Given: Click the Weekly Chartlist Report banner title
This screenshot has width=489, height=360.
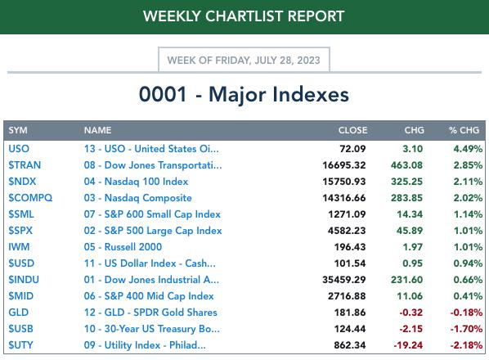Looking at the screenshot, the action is (244, 16).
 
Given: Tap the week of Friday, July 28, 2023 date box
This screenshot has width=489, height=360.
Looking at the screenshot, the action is (244, 60).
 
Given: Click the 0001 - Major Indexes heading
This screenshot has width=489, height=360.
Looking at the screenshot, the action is (244, 94).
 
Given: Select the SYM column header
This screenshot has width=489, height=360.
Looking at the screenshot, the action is (18, 130).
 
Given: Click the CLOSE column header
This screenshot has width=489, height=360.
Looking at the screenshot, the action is (352, 130).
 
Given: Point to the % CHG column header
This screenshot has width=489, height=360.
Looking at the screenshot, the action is (464, 130).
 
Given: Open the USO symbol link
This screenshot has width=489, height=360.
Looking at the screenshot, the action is (19, 148).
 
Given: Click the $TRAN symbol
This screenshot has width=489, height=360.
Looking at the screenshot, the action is (25, 164).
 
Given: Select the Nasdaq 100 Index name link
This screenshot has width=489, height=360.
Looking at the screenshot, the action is (136, 182).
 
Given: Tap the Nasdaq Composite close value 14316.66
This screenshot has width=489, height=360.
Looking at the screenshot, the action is (343, 198).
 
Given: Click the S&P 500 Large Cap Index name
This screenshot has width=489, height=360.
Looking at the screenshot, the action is (153, 231).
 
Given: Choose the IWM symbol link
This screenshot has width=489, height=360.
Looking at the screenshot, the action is (19, 247).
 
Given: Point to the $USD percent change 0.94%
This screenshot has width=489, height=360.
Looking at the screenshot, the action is (468, 263).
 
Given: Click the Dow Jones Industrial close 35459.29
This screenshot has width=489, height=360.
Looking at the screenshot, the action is (343, 280).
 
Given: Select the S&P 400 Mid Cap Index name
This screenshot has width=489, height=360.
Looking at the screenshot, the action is (149, 295).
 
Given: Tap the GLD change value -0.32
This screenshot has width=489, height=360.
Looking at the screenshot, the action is (410, 313).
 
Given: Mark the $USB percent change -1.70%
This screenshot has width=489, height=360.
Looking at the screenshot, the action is (466, 328).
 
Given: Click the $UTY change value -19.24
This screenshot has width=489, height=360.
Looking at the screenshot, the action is (408, 345).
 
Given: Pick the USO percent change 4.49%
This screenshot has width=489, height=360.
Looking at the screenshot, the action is (468, 148).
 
